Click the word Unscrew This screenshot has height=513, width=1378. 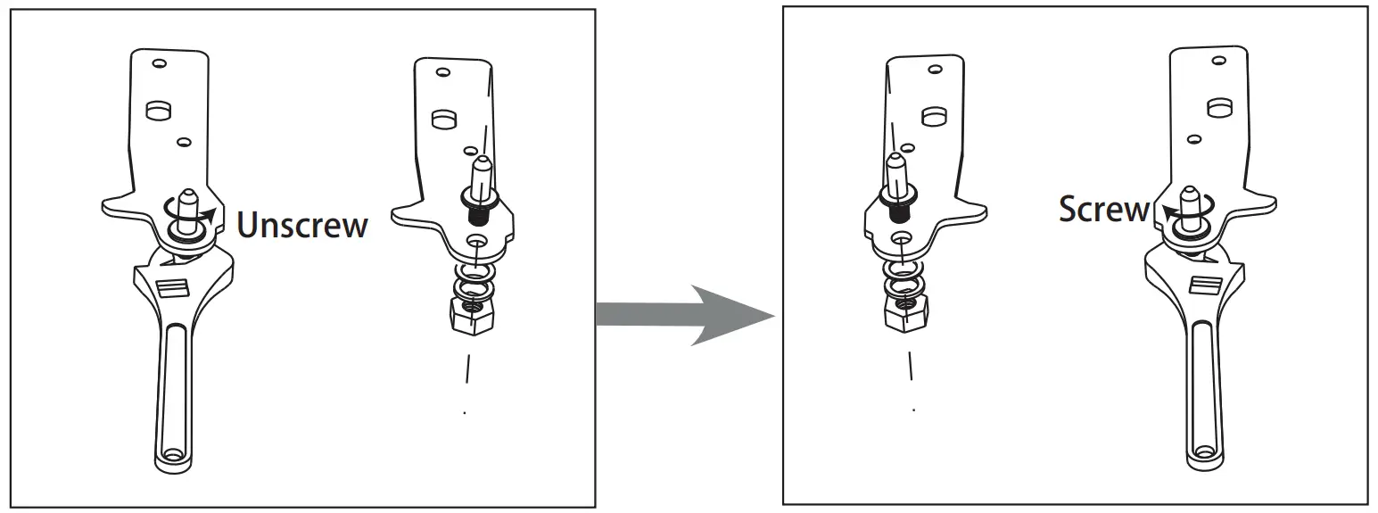(x=302, y=225)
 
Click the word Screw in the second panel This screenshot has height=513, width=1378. (x=1104, y=210)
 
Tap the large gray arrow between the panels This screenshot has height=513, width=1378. (x=687, y=315)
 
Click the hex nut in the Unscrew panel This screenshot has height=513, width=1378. (x=471, y=315)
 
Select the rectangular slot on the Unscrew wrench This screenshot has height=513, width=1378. (x=173, y=287)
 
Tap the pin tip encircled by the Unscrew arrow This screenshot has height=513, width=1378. (x=188, y=198)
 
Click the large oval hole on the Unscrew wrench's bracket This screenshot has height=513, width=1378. (x=158, y=111)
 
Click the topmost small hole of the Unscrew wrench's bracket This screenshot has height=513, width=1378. (x=160, y=64)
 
